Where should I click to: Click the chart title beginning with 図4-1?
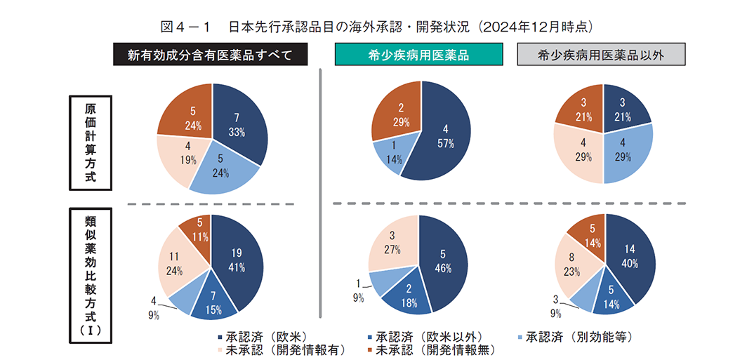377,27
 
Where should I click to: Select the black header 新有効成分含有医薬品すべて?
210,55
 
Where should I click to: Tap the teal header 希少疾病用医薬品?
418,55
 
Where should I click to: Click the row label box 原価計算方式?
90,142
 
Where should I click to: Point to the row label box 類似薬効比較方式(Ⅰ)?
90,275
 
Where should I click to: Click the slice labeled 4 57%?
442,137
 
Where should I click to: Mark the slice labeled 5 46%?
442,260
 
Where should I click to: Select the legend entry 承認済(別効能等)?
572,336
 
